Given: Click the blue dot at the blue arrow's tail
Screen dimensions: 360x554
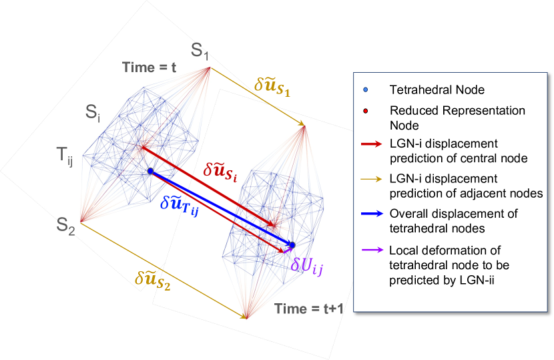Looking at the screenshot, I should (151, 172).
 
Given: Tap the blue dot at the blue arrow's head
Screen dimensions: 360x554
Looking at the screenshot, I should (292, 245).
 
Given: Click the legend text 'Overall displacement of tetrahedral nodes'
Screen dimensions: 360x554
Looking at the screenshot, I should (449, 221).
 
